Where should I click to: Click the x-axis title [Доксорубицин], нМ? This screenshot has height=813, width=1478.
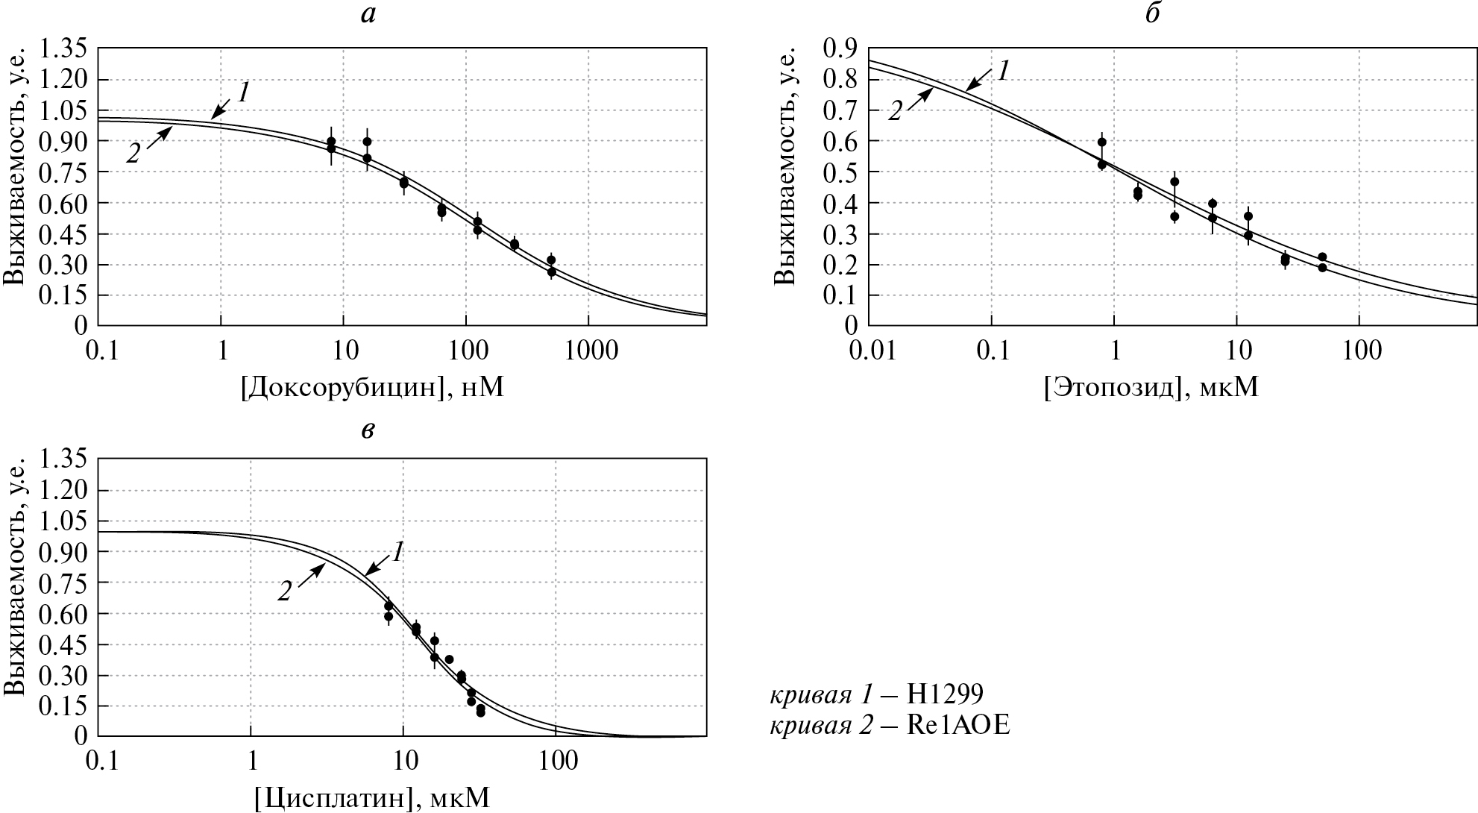[x=372, y=387]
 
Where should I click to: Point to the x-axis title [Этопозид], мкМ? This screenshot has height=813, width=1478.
[x=1151, y=387]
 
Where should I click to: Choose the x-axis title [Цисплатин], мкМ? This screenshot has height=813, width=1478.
[x=372, y=799]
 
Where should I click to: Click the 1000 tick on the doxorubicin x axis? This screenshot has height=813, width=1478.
[x=588, y=350]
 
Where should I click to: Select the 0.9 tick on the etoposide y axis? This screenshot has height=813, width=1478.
[x=840, y=49]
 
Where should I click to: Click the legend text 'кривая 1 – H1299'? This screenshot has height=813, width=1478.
[x=876, y=695]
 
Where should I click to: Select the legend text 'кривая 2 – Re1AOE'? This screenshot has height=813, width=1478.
[x=890, y=726]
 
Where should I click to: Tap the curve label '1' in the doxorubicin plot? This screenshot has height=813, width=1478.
[x=243, y=92]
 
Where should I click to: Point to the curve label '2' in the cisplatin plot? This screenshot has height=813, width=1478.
[x=285, y=592]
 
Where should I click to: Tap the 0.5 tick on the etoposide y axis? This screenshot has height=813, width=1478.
[x=840, y=172]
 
